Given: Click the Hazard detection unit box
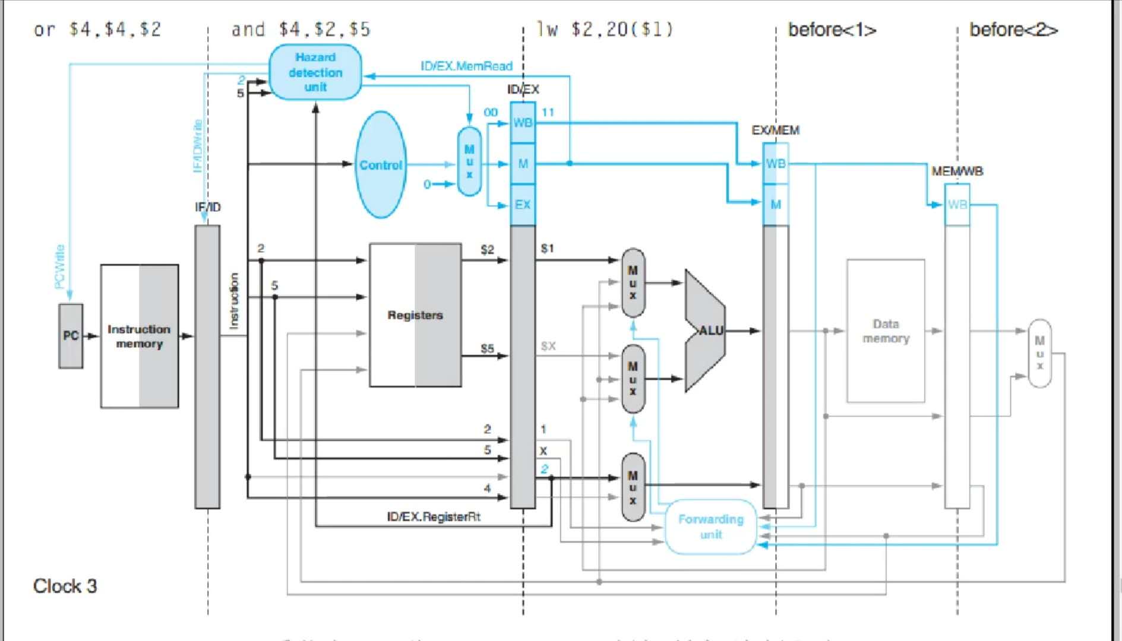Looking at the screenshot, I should (315, 72).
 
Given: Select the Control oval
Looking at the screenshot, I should (381, 165).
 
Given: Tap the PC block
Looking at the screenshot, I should (71, 336).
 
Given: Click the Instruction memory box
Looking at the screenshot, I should (139, 337).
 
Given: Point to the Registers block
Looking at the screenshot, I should (415, 315).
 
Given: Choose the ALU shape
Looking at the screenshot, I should (705, 331).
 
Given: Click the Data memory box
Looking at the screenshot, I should (886, 331).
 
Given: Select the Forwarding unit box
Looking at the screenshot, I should (711, 526).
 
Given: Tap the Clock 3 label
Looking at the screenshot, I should (65, 586).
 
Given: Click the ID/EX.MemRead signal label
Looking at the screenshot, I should (466, 66).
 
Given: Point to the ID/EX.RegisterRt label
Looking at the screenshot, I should (434, 516).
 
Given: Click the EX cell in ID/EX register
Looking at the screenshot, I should (523, 205).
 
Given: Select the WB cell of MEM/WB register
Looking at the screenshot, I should (957, 205).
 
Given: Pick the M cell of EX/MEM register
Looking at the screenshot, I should (776, 205).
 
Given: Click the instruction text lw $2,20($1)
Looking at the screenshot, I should (605, 29).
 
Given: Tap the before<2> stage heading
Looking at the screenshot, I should (1013, 29).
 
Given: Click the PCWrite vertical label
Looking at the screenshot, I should (59, 267).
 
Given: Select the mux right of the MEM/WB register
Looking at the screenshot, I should (1039, 354).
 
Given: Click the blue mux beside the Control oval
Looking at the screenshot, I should (469, 161).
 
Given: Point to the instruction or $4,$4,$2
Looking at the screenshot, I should (97, 29).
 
